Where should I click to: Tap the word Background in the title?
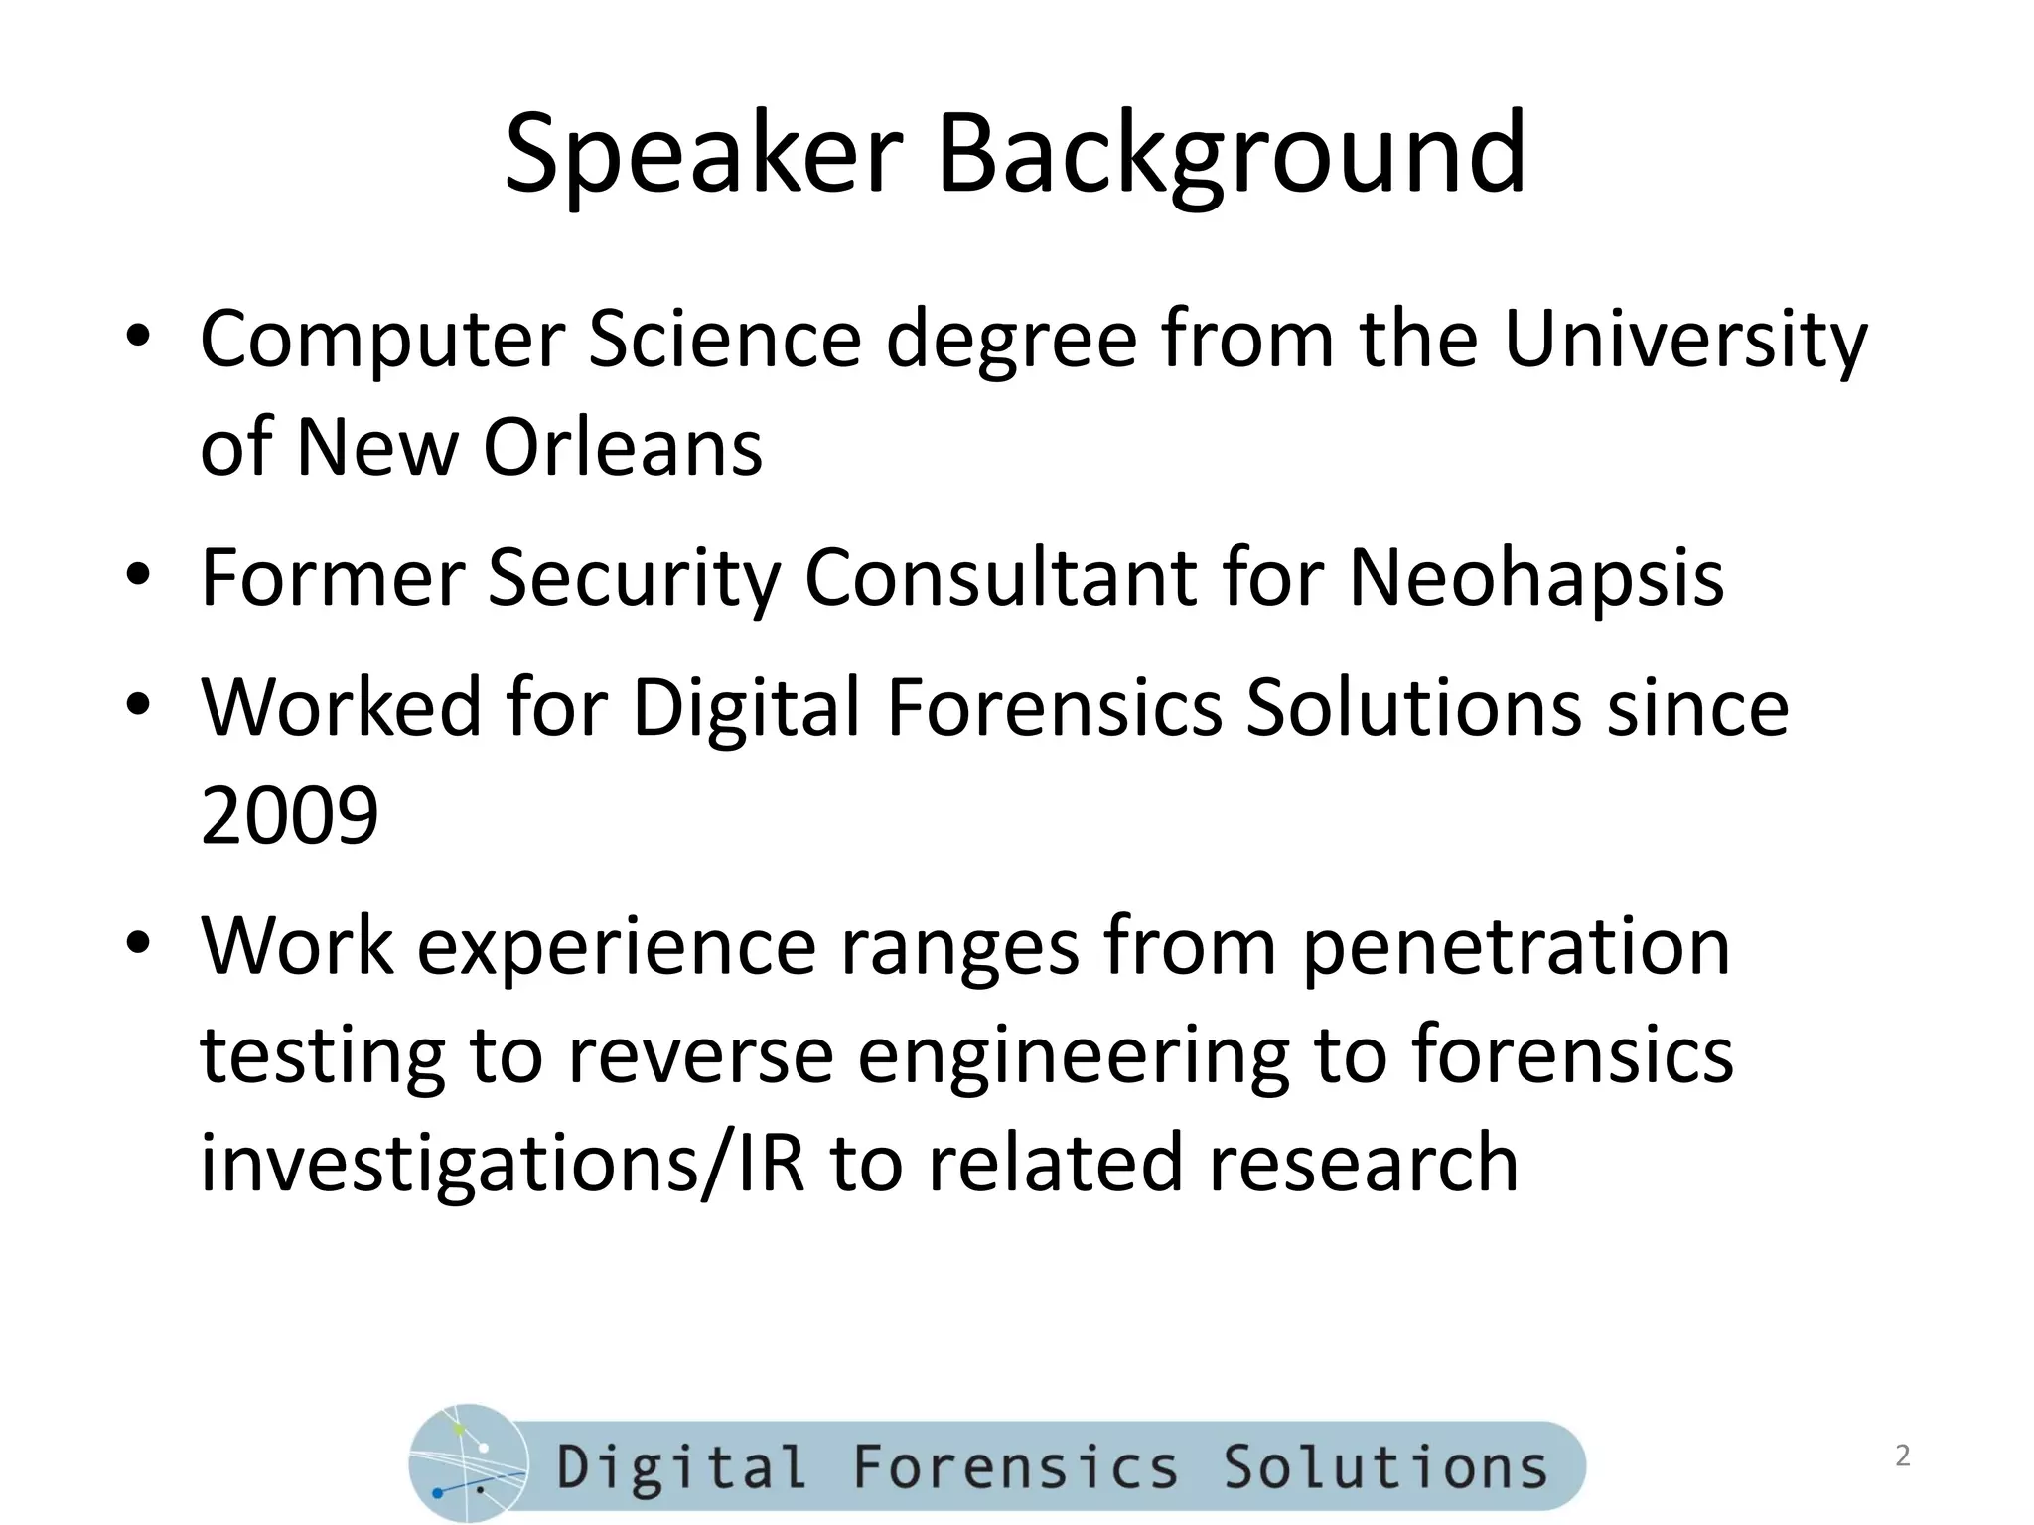(x=1231, y=156)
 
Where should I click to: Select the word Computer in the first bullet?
(x=382, y=341)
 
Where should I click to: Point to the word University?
(x=1685, y=341)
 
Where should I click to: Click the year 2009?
(x=289, y=815)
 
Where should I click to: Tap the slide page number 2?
(x=1902, y=1456)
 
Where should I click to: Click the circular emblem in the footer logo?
(x=468, y=1463)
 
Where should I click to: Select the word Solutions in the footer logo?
(x=1385, y=1467)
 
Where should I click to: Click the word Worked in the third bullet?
(x=341, y=707)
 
